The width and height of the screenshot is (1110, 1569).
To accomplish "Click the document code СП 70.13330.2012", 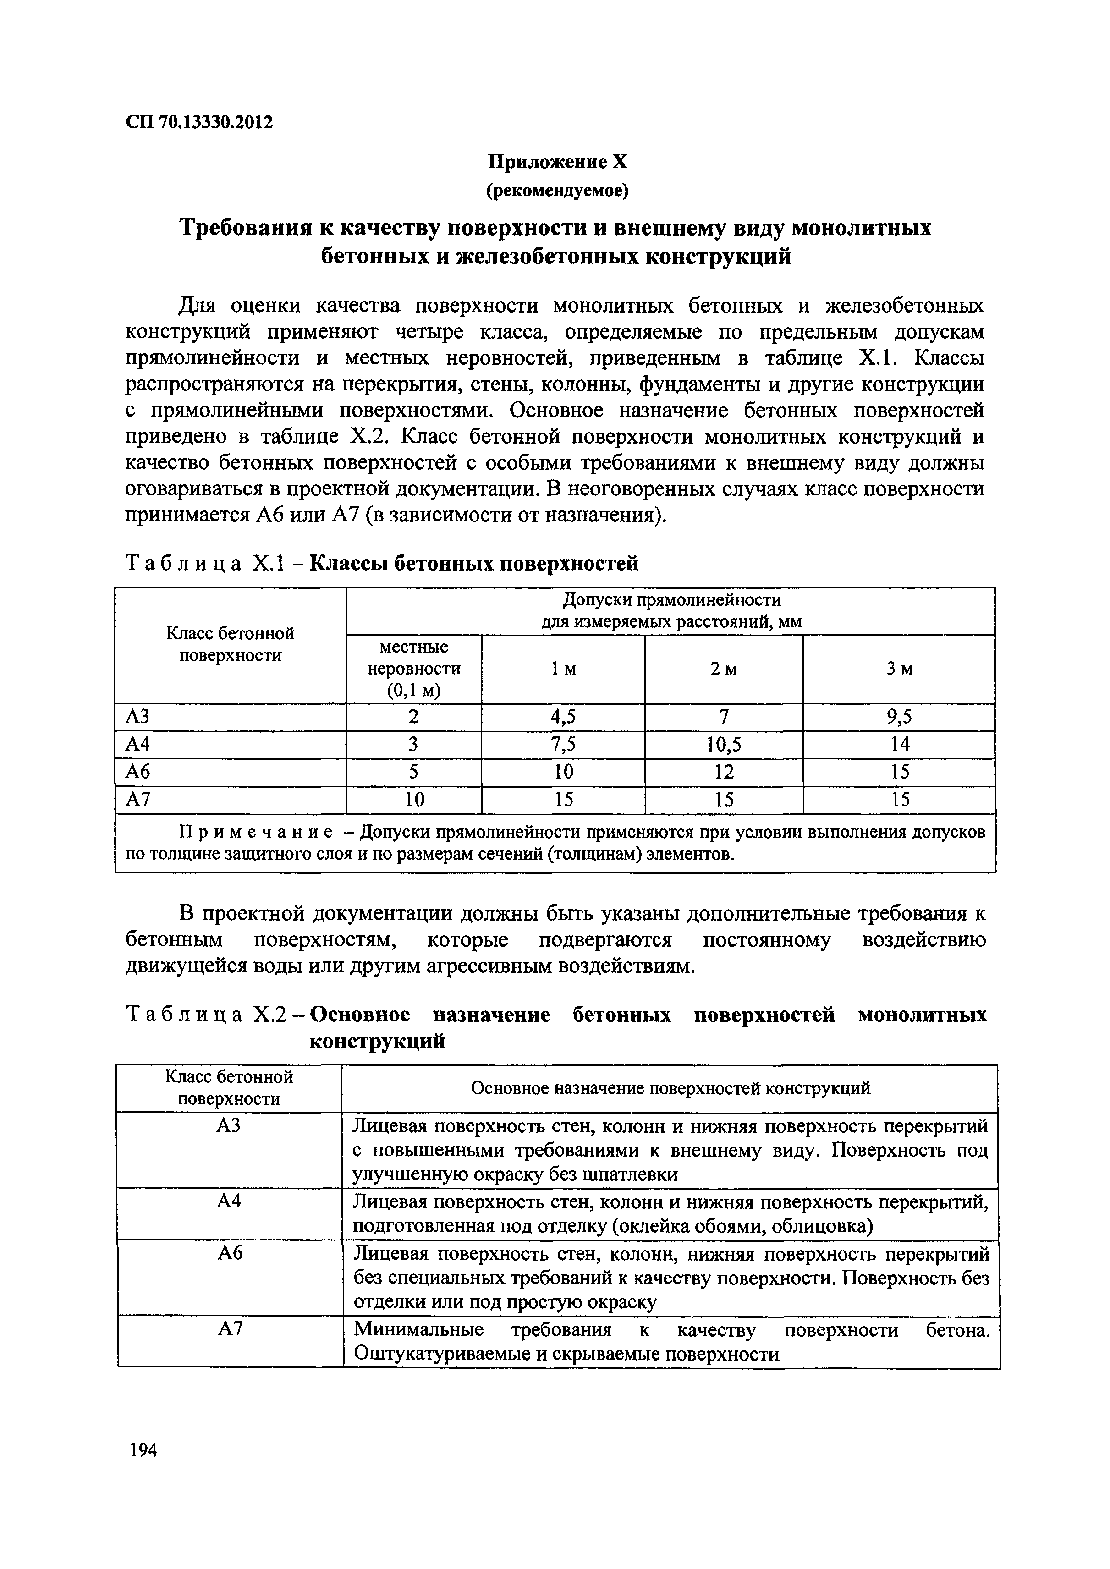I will (x=199, y=122).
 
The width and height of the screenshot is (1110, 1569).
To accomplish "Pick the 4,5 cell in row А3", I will (x=563, y=716).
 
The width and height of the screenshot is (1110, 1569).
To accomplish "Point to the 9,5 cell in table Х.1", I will (x=900, y=716).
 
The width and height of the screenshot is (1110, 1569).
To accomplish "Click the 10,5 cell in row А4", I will (x=724, y=744).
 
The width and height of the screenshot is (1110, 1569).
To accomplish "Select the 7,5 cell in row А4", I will (x=563, y=744).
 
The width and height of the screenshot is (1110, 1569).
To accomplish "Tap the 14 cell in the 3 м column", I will (x=900, y=744).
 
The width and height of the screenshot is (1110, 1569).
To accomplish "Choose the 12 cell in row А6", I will (x=724, y=772).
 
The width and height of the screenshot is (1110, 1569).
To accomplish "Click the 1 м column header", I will (x=563, y=669).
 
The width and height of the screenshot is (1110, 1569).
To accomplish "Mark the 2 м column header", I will (x=724, y=669).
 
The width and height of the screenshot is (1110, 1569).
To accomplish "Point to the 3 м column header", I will (x=900, y=669).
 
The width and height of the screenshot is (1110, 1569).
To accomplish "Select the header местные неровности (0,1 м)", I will (x=414, y=669).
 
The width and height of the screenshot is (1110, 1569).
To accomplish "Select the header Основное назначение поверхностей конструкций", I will (x=670, y=1089).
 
